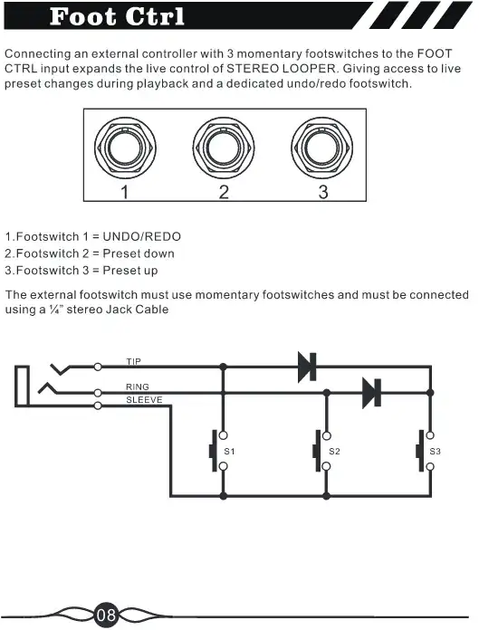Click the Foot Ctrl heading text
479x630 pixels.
[117, 16]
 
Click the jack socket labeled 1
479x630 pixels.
[125, 148]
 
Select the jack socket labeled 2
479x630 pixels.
[224, 148]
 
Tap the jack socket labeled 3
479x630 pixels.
[322, 148]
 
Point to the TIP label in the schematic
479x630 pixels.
[134, 361]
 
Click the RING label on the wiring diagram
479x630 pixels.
[138, 387]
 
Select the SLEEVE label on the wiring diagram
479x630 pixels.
[144, 400]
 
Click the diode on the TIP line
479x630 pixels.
[307, 367]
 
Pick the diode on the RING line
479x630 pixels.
[372, 393]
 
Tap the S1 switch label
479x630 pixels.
[229, 451]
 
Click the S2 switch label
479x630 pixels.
[334, 451]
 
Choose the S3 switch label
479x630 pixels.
[436, 451]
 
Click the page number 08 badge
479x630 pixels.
[107, 615]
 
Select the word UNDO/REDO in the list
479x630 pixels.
[142, 236]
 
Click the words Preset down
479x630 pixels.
[139, 253]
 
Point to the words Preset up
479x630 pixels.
[130, 271]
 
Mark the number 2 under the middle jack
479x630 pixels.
[224, 192]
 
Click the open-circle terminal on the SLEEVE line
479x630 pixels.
[98, 406]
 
